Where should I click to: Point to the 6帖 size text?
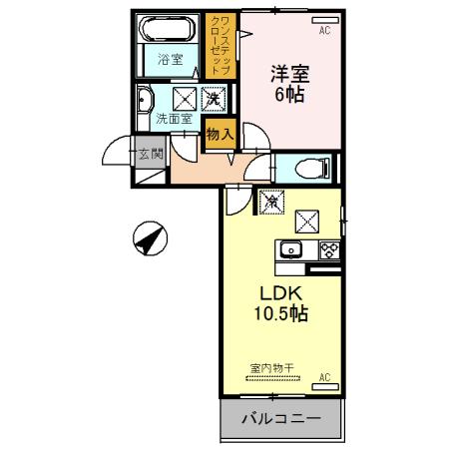click(290, 96)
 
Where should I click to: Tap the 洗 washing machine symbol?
click(213, 98)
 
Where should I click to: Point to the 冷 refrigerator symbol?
click(268, 201)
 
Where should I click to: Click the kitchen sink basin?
click(290, 249)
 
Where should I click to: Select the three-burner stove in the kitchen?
click(327, 249)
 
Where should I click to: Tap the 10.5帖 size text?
click(280, 313)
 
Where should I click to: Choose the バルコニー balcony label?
click(280, 419)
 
